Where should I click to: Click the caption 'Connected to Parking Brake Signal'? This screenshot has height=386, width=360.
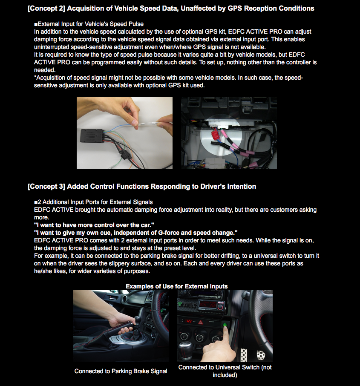[121, 371]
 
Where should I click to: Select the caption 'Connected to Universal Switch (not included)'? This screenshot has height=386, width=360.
[225, 371]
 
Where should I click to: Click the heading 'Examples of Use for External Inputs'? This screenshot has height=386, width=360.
[176, 286]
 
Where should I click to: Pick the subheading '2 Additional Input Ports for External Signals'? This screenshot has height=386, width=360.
[95, 202]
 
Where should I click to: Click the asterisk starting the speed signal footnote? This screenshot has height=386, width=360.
[35, 78]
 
